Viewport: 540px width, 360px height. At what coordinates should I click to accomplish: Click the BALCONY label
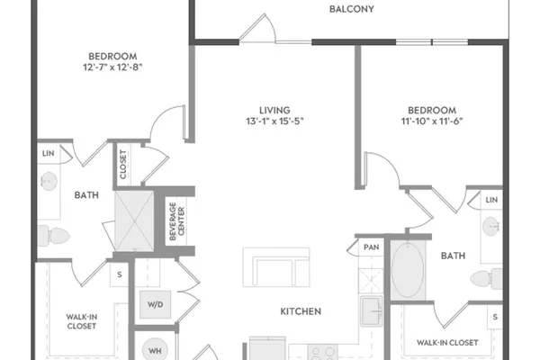(x=352, y=9)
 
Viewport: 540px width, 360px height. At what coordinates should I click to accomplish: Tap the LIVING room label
(x=274, y=110)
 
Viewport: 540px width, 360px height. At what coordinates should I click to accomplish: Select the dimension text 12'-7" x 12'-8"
(x=112, y=67)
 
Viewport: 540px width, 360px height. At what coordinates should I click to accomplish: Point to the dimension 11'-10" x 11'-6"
(x=432, y=121)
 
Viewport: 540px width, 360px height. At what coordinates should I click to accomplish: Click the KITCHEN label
(x=301, y=311)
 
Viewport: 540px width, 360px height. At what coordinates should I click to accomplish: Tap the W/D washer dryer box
(x=156, y=304)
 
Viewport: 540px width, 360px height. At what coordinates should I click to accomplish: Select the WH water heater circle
(x=155, y=350)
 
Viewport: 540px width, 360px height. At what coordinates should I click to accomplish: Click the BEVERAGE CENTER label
(x=177, y=221)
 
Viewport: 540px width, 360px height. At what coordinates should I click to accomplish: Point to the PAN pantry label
(x=371, y=247)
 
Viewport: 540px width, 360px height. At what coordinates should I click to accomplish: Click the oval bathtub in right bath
(x=408, y=270)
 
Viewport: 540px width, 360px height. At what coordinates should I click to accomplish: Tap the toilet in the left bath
(x=54, y=236)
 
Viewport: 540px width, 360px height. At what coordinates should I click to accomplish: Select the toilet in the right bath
(x=486, y=278)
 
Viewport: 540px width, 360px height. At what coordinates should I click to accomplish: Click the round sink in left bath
(x=49, y=181)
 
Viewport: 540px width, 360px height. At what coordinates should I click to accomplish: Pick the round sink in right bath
(x=491, y=227)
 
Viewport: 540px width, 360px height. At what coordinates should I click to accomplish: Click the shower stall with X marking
(x=134, y=220)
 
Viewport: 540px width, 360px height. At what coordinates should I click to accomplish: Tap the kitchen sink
(x=371, y=311)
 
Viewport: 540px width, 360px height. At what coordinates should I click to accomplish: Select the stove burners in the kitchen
(x=323, y=353)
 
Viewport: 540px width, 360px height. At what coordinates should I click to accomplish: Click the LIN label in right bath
(x=491, y=200)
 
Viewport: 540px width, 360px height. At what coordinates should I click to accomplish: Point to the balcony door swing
(x=257, y=28)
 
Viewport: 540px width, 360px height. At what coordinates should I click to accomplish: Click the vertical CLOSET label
(x=123, y=165)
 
